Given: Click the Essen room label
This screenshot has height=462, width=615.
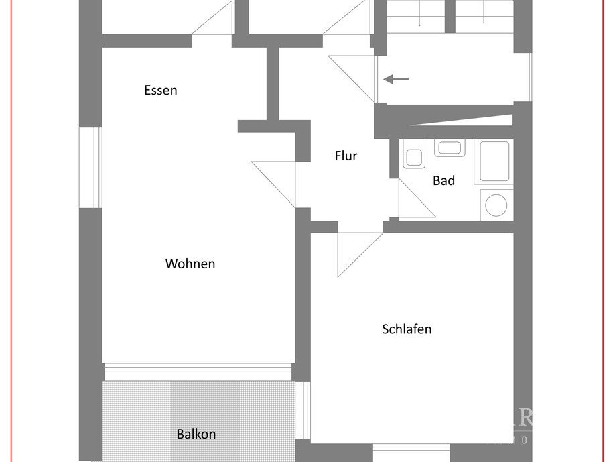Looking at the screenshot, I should pos(161,90).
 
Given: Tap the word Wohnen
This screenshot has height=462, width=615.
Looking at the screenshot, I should pos(190,264).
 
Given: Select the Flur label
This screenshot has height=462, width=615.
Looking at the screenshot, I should pos(346,156).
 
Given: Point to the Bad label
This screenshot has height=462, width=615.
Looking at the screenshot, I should pos(443,180).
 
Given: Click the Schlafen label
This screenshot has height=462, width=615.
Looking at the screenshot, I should pos(407,329).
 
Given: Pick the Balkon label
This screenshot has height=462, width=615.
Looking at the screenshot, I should pos(196,434).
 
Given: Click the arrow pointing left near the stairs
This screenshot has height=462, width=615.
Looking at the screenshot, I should pos(396,80).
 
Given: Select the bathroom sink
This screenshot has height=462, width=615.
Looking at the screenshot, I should pos(449,148).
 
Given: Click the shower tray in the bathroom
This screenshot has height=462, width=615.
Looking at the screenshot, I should pos(496,162).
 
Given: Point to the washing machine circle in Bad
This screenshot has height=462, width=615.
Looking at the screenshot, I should pos(496,205).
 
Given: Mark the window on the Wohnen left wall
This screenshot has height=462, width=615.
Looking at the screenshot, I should pos(90,166).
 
